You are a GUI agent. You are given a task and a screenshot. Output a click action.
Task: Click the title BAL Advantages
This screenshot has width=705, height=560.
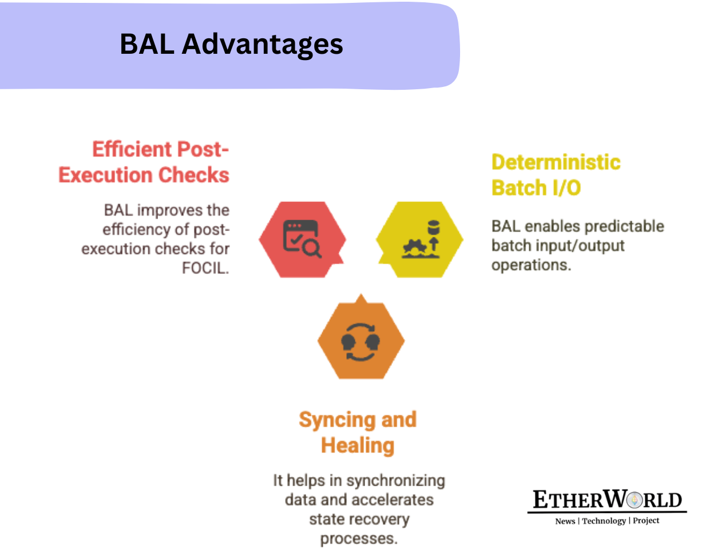coord(231,44)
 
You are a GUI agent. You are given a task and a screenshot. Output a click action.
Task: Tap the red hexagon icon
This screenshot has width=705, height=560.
coord(302,239)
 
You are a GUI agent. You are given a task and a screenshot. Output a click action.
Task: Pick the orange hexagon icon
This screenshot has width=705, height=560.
coord(361,341)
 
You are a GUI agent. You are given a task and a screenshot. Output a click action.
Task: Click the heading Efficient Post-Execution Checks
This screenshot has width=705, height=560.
coord(144,162)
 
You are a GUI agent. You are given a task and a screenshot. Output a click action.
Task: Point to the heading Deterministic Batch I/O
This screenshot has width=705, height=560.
coord(556,174)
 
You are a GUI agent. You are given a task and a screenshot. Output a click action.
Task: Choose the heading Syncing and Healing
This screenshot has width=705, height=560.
coord(358,432)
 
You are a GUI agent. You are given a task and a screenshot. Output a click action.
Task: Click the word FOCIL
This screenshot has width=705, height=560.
coord(205,268)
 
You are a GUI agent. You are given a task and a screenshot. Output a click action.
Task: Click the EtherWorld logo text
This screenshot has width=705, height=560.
coord(607,501)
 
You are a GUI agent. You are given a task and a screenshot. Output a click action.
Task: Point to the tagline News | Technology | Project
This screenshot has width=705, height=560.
coord(607,521)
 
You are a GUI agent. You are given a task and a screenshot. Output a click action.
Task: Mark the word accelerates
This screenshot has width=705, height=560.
coord(393,499)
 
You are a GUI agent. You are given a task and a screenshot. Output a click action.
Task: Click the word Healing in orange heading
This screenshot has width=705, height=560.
coord(358,445)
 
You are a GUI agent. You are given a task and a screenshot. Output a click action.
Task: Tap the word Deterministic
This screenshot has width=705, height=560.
coord(556,162)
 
